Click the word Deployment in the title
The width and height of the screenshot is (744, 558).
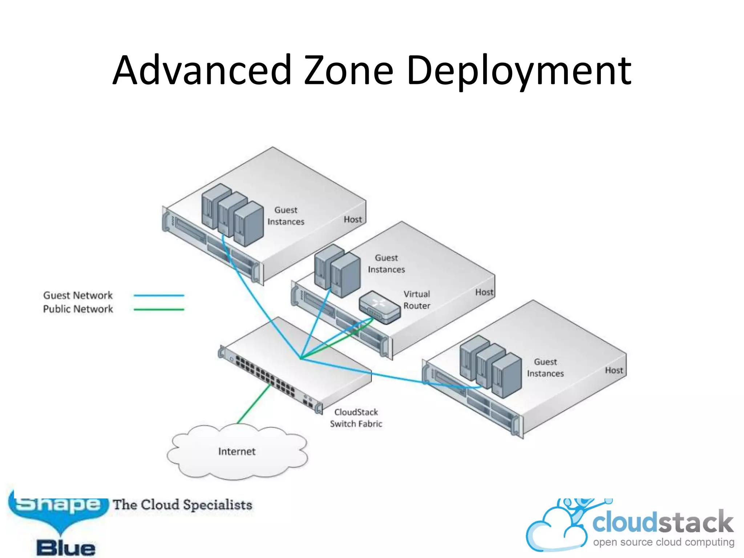[519, 71]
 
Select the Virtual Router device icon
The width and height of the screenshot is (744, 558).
[380, 307]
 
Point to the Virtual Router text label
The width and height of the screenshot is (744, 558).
[417, 300]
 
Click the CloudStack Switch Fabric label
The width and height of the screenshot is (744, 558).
[356, 418]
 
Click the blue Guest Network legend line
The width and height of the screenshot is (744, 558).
[159, 296]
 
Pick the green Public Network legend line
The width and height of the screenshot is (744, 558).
[159, 310]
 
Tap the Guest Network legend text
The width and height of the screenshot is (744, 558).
[78, 295]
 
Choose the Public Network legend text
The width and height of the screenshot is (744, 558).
[78, 309]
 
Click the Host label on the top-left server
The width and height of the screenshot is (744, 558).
[353, 219]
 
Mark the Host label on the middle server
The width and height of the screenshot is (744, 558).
[484, 292]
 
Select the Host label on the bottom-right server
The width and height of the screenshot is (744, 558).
[614, 370]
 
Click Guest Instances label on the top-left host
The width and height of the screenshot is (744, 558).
[286, 216]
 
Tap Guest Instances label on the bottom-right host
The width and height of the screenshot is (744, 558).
[545, 368]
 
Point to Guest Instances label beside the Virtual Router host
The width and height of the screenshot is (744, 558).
[386, 263]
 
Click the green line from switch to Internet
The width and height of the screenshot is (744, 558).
[254, 404]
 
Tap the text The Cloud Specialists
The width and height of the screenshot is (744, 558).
[182, 505]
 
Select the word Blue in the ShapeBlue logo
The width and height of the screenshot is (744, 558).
[66, 548]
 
